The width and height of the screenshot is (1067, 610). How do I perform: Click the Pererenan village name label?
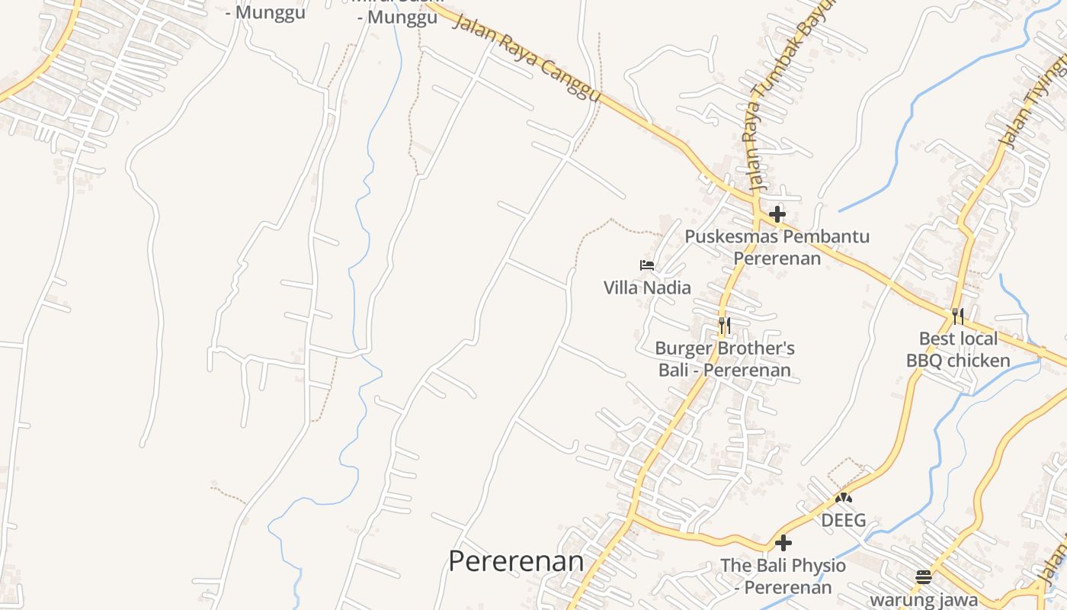point(516,561)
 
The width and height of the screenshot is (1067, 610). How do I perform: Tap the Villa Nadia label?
point(647,287)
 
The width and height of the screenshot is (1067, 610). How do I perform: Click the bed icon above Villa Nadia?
point(647,265)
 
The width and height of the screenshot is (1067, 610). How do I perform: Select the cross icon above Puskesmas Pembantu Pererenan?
point(777,214)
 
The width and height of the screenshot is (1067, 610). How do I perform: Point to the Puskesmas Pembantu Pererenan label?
point(777,247)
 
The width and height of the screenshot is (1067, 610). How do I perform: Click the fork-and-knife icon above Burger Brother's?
point(724,326)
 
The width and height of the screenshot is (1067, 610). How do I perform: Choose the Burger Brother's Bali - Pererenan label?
point(725,359)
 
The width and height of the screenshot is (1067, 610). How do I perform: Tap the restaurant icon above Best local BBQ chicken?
point(958,316)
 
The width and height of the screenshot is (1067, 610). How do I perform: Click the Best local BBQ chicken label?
point(958,349)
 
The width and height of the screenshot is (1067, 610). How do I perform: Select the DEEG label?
point(843,520)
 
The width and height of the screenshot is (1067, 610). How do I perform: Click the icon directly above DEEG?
point(843,498)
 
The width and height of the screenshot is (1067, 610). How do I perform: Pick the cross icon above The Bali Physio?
point(783,543)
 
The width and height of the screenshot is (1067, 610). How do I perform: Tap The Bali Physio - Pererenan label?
point(783,576)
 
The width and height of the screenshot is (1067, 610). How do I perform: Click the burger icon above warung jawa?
point(924,576)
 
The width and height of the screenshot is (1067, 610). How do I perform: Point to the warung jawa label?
point(924,599)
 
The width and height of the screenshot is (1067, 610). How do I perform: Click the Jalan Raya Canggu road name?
point(526,58)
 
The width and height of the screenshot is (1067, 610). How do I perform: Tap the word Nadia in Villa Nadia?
point(668,287)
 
